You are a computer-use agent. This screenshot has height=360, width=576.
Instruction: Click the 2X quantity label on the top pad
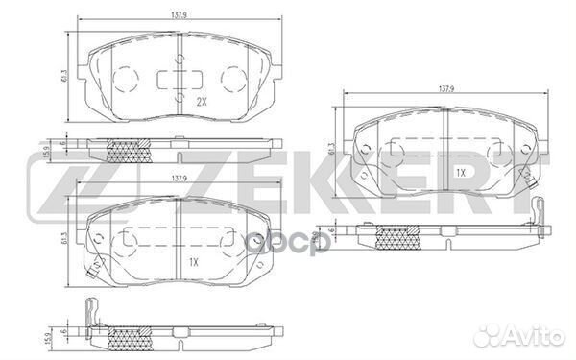click(x=201, y=101)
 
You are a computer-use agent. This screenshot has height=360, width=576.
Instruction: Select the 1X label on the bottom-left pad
click(x=192, y=261)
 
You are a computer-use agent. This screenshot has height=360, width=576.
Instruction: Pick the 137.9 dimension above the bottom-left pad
click(x=178, y=180)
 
